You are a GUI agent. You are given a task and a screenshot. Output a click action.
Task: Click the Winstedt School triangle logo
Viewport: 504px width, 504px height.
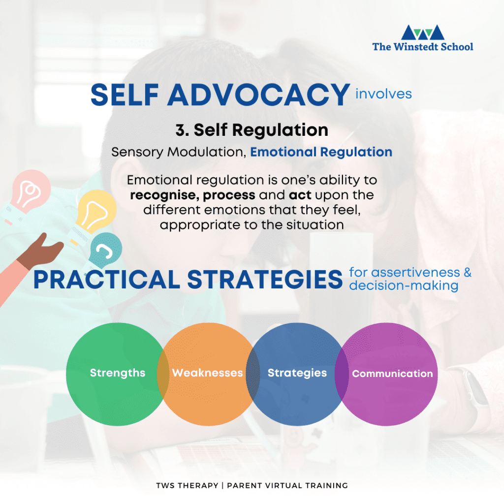coord(423,32)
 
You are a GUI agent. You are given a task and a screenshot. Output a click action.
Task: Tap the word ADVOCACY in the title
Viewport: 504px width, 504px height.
coord(258,95)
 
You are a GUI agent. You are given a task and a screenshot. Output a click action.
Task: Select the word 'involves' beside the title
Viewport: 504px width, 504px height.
coord(383,94)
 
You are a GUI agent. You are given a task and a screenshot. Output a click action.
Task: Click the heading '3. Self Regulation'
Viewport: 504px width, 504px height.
coord(252,130)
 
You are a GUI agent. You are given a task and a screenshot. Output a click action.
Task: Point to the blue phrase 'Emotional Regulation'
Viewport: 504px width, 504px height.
coord(321,152)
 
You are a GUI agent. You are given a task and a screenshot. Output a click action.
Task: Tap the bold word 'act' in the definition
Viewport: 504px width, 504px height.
coord(300,195)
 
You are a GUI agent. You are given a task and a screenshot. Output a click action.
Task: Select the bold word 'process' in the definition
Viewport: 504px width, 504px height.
coord(229,195)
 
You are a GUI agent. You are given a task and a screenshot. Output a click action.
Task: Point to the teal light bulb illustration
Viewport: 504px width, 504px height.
coord(104,251)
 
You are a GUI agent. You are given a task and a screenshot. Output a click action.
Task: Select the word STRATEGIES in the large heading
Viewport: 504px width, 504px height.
coord(265,280)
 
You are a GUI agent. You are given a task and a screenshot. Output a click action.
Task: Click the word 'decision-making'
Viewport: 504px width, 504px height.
coord(404,286)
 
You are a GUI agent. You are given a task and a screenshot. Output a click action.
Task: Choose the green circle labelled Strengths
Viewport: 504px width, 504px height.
coord(117,374)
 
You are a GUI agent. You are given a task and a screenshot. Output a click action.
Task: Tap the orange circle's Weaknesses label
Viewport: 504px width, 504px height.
coord(207,373)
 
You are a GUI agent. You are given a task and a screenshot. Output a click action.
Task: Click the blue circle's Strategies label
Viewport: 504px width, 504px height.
coord(297,373)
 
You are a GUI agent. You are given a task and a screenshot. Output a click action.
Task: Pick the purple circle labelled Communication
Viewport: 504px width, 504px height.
coord(386,374)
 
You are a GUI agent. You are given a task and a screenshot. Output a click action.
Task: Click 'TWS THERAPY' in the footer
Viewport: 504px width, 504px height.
coord(187,485)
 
